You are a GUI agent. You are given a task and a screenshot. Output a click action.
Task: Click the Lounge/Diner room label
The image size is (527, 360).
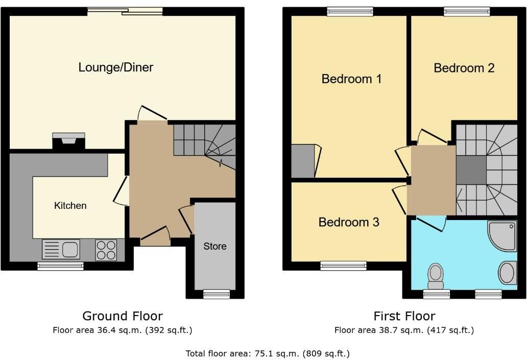coord(115,67)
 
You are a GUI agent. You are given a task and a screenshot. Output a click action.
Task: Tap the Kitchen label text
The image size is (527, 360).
coord(70,206)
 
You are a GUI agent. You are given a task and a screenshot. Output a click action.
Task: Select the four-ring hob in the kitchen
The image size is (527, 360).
coord(106,250)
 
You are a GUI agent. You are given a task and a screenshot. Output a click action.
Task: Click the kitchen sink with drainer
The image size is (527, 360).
coord(61,250)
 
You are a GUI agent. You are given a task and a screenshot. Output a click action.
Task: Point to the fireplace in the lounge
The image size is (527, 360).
coord(68,140)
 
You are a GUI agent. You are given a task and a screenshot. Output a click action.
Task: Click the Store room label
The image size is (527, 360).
coord(214,246)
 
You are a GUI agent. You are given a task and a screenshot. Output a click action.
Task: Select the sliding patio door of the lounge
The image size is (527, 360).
coord(125,11)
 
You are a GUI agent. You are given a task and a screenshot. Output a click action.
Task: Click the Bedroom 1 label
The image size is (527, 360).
coord(351,79)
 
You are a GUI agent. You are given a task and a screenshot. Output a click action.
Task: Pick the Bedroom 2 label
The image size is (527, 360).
coord(464,68)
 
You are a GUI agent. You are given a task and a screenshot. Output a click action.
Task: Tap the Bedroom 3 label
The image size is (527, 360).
coord(349,222)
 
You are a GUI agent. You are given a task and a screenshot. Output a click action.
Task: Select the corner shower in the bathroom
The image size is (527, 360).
coord(503,236)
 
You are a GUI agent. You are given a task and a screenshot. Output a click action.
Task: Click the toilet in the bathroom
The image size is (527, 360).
coord(436,275)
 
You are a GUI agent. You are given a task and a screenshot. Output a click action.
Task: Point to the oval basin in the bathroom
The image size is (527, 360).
coord(507,272)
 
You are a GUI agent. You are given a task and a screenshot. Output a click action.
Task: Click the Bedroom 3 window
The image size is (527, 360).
coord(344,265)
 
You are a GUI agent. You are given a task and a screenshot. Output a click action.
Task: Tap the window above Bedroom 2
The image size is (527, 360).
coord(467,11)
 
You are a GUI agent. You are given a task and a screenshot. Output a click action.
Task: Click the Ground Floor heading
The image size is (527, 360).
coord(123,316)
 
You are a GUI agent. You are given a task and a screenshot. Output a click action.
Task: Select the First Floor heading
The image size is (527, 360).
coord(404,316)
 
